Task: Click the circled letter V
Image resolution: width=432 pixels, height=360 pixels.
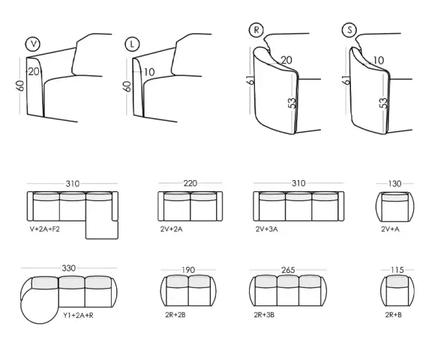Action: (33, 44)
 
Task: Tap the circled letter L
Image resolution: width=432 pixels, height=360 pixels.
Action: (132, 44)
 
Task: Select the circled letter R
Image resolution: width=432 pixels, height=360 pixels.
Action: (256, 30)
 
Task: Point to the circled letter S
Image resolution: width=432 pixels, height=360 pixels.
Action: (349, 30)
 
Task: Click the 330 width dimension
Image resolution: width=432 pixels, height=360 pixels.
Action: (68, 268)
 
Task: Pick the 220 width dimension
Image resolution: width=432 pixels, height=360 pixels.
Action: (190, 183)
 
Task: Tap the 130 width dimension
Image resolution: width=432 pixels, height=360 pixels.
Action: (394, 184)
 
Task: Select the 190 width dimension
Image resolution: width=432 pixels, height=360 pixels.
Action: (188, 270)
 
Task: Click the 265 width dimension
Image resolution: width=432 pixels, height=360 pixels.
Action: (288, 270)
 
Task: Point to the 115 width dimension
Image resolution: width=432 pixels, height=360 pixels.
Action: (397, 270)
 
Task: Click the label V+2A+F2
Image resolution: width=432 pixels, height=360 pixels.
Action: (45, 229)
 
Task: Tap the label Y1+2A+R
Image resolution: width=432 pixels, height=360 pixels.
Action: (78, 316)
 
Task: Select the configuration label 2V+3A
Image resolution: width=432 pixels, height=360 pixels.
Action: (266, 229)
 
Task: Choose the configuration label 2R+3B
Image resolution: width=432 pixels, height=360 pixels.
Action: (264, 315)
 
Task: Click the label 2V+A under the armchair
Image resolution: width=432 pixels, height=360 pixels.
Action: (390, 229)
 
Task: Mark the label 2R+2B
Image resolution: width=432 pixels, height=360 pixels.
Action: (175, 315)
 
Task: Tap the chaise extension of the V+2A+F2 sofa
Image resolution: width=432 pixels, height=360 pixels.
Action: (102, 229)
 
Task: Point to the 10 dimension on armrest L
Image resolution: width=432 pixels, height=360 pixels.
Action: (149, 72)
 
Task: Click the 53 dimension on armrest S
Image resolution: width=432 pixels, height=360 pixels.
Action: (383, 103)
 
